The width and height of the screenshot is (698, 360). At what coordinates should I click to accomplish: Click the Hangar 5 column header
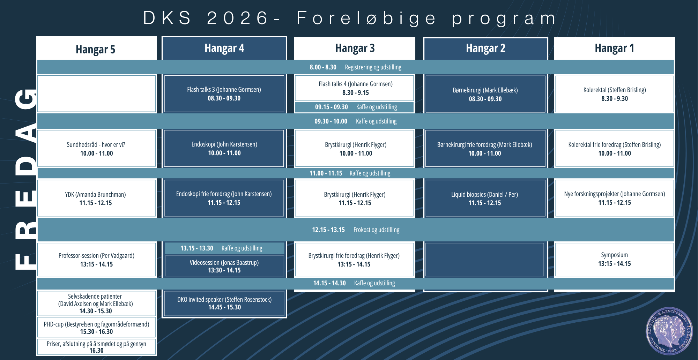(96, 48)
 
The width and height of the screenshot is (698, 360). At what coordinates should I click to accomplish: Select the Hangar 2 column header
(485, 48)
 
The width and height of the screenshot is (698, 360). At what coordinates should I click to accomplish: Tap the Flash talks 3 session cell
(224, 94)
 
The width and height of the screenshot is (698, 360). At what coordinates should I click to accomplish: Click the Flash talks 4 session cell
(355, 88)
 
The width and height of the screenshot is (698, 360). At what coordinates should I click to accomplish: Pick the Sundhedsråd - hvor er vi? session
(96, 149)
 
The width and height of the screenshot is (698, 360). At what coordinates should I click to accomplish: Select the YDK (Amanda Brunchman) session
(96, 198)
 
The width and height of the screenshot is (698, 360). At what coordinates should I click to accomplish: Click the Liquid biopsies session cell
(485, 198)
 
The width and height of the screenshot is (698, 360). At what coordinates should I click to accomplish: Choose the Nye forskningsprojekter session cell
(614, 198)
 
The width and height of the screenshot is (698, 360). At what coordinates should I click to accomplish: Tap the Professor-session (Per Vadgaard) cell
(96, 260)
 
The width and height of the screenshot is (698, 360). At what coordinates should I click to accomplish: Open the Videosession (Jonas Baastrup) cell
(224, 266)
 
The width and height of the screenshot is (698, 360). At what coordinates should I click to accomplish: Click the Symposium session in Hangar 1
(614, 260)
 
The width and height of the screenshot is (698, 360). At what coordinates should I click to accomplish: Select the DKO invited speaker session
(224, 303)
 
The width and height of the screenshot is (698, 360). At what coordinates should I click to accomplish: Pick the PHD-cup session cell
(96, 328)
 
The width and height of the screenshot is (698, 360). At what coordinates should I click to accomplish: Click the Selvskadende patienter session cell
(96, 303)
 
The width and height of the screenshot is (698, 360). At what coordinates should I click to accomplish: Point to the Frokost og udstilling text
(376, 230)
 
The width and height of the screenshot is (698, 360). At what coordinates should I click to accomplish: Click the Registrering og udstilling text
(373, 67)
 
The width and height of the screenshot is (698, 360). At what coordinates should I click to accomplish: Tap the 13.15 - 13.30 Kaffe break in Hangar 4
(224, 248)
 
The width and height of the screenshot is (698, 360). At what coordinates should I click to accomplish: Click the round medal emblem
(669, 331)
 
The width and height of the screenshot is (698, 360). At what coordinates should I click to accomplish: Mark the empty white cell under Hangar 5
(96, 94)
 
